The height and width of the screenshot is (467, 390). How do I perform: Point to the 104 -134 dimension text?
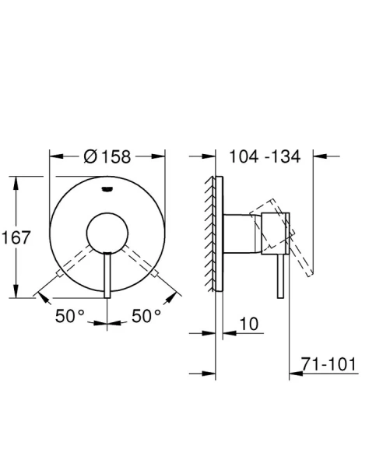pos(264,157)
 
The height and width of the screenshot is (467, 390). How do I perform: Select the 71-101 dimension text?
pos(329,363)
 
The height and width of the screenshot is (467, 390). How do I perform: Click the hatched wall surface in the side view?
pos(209,233)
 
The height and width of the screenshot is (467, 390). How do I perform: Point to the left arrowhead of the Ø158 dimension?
pos(54,156)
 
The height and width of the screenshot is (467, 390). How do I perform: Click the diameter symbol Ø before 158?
pos(90,157)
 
